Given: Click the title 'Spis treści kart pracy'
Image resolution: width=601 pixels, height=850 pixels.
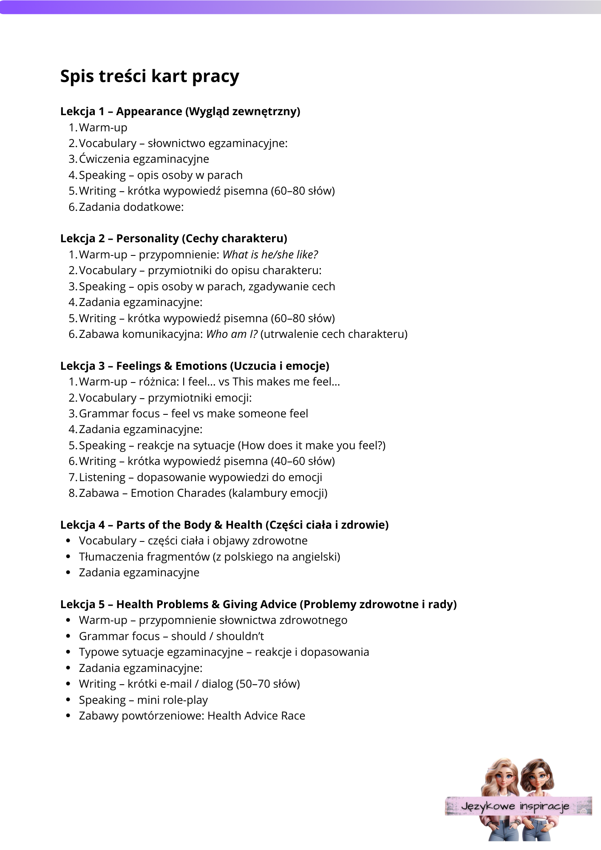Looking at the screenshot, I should pyautogui.click(x=150, y=76).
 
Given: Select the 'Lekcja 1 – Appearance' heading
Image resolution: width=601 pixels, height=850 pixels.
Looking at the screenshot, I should pyautogui.click(x=180, y=111).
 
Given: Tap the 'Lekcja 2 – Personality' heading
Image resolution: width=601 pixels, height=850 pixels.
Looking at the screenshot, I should pyautogui.click(x=173, y=238).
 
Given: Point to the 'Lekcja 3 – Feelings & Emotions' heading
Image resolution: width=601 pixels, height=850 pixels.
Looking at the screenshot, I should pyautogui.click(x=195, y=366).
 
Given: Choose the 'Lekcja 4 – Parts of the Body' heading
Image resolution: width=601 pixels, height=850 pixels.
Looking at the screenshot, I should pyautogui.click(x=224, y=525).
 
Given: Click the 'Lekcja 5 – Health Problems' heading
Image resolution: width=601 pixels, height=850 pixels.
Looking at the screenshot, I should pyautogui.click(x=258, y=604).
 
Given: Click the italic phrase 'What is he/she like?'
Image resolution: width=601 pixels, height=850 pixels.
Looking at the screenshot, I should pyautogui.click(x=270, y=255).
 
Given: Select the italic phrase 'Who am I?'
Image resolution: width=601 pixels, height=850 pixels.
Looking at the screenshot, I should pyautogui.click(x=232, y=334).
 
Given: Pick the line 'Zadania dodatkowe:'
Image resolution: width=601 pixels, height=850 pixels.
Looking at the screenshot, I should pyautogui.click(x=131, y=207).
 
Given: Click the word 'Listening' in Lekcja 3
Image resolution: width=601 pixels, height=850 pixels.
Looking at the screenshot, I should pyautogui.click(x=102, y=477).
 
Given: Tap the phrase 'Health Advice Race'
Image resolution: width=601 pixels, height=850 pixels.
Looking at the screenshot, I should pyautogui.click(x=256, y=716).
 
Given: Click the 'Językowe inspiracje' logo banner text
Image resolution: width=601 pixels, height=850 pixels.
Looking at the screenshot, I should pyautogui.click(x=515, y=806).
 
